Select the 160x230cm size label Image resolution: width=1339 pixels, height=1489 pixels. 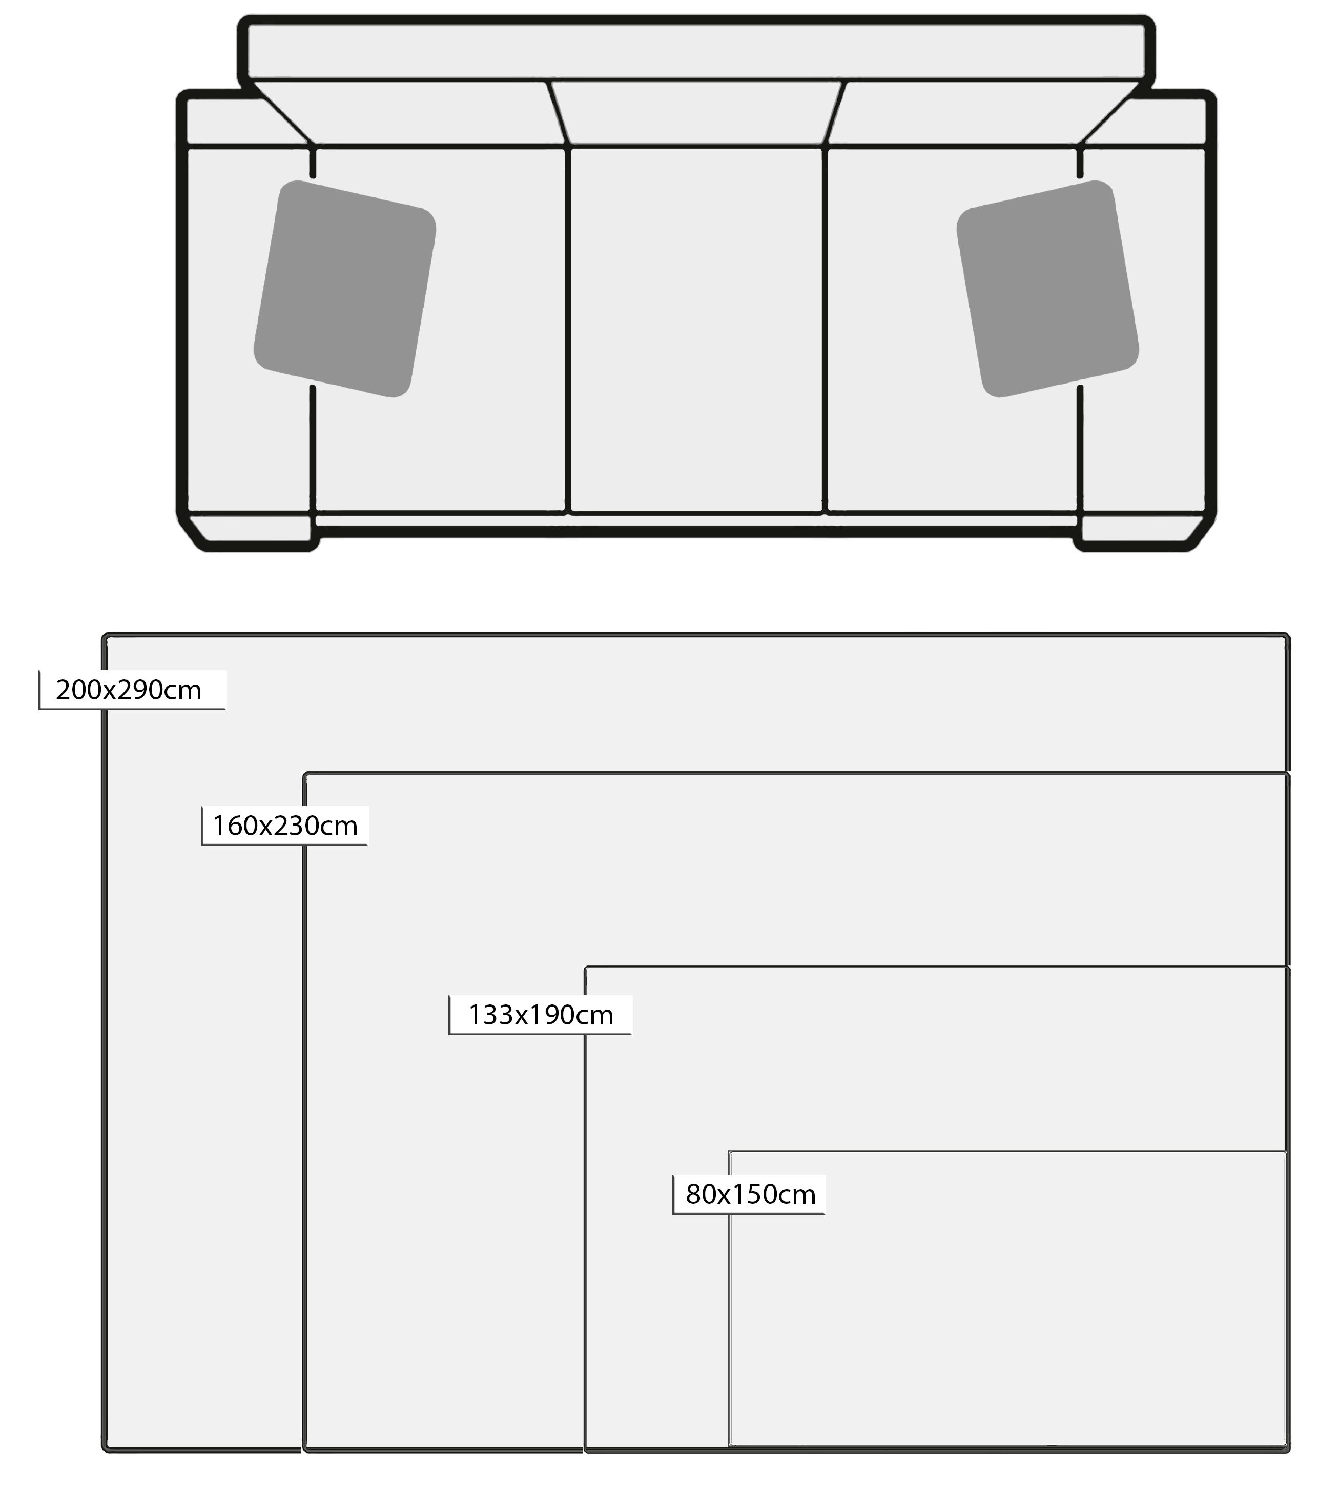coord(285,826)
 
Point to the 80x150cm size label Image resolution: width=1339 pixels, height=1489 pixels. coord(750,1194)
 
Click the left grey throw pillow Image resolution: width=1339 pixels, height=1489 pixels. coord(345,289)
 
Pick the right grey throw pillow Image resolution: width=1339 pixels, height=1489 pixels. coord(1047,289)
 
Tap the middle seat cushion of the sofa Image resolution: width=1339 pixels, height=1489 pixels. coord(696,329)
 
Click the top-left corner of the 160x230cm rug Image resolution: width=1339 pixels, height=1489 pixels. coord(306,774)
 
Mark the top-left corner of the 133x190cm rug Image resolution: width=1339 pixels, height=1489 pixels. coord(586,968)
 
